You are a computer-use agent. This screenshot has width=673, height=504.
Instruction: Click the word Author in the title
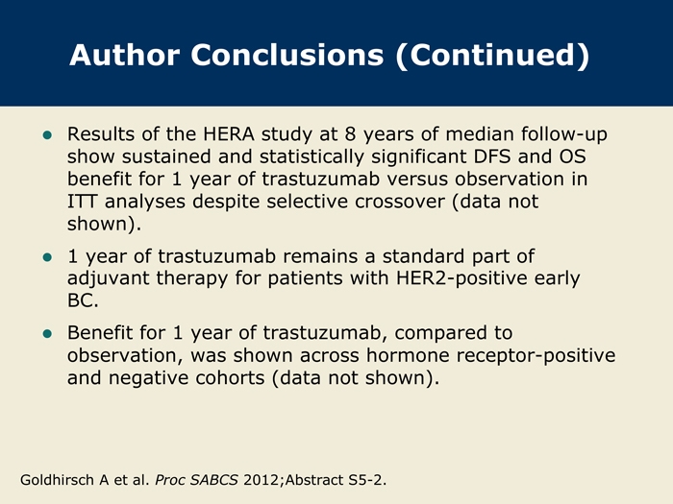pos(124,55)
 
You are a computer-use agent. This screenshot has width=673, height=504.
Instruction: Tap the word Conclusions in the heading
pos(287,55)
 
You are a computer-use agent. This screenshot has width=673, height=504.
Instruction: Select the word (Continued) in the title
pos(492,56)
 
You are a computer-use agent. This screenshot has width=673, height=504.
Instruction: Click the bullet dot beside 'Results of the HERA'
pos(47,135)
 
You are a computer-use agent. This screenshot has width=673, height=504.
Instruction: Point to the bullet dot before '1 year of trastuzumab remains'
pos(47,257)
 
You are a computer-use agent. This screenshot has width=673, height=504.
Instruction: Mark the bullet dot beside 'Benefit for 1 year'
pos(47,334)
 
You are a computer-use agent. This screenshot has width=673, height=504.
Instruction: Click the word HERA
pos(229,134)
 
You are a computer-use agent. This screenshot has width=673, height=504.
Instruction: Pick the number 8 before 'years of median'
pos(350,134)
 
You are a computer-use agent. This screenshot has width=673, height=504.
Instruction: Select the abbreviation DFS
pos(492,156)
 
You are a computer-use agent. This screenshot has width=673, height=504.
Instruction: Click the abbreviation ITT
pos(82,202)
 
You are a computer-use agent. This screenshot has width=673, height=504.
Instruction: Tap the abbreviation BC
pos(83,300)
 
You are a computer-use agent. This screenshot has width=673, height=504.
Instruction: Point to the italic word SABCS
pos(213,480)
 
